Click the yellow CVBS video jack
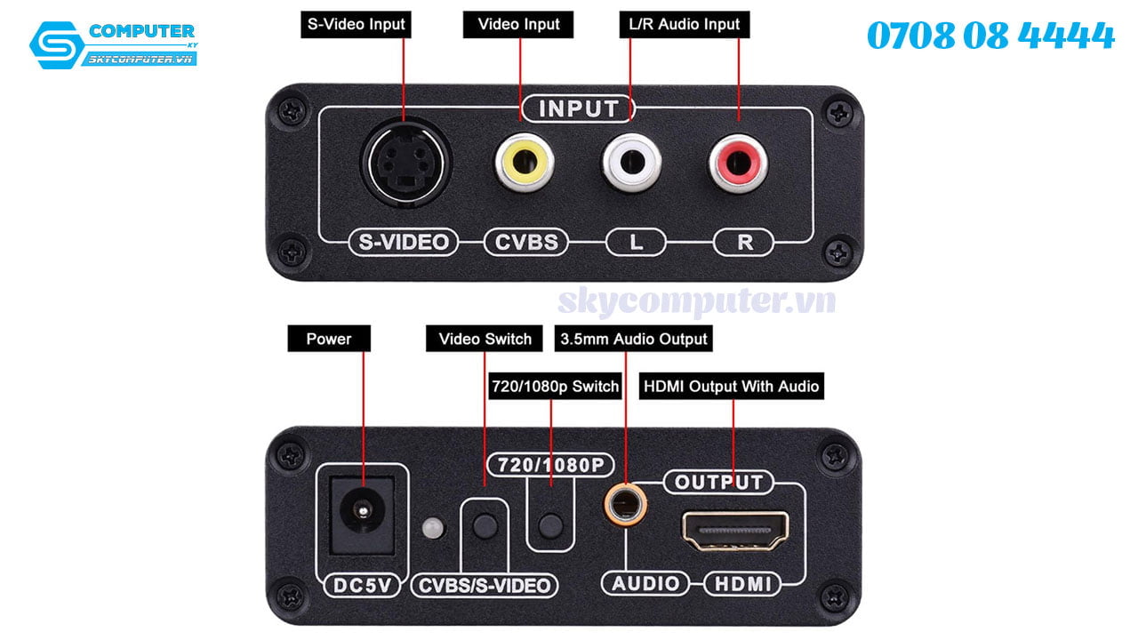(x=525, y=163)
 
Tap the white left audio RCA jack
(x=632, y=163)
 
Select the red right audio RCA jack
(x=739, y=164)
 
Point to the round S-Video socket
(x=405, y=163)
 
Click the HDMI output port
(x=734, y=531)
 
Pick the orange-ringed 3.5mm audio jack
(x=625, y=505)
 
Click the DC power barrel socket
(x=362, y=514)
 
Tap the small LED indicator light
(x=432, y=528)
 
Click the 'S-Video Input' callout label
(x=356, y=24)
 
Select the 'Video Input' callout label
(x=518, y=24)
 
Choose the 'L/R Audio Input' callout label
(x=685, y=24)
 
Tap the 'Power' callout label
(x=329, y=339)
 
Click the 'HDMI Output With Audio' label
(x=731, y=387)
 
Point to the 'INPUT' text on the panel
(x=578, y=109)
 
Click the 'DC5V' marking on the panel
(x=362, y=586)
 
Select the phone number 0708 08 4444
(x=990, y=36)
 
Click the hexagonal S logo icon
(x=57, y=44)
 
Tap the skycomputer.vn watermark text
(x=696, y=301)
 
